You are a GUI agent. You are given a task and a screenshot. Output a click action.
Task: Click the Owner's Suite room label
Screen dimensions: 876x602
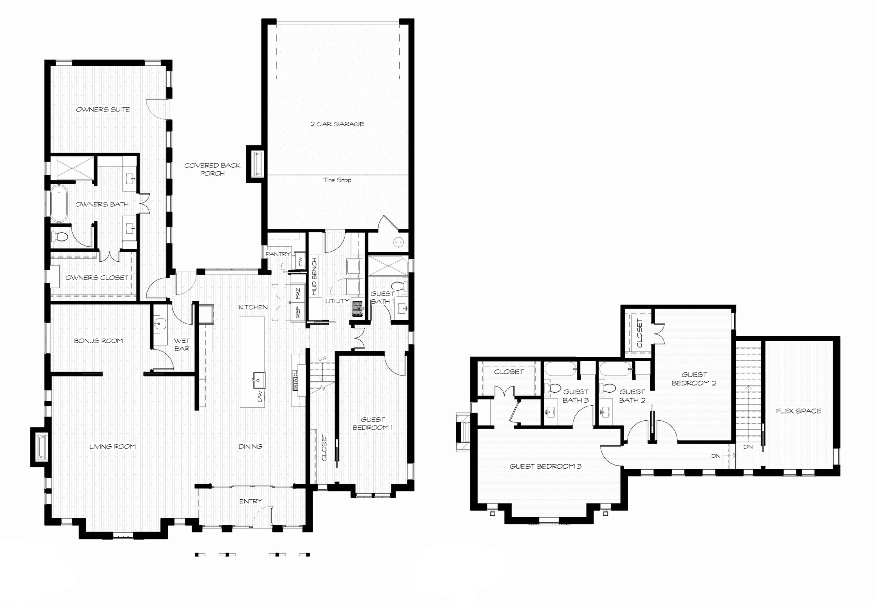tap(103, 109)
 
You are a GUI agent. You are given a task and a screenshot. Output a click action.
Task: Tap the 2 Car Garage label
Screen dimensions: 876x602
tap(337, 124)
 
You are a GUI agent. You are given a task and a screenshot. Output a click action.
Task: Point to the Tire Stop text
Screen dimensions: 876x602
tap(337, 180)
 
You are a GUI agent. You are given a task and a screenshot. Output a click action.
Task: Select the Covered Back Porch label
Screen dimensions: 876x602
tap(212, 169)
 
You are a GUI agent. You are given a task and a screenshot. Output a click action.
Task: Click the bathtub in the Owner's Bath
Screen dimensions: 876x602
tap(59, 203)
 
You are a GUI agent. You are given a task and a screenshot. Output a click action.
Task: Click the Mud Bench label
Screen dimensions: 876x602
tap(314, 276)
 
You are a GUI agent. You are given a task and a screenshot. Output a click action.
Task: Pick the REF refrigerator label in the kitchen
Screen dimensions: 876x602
tap(298, 312)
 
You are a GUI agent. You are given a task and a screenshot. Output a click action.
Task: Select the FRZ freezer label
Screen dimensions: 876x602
tap(298, 293)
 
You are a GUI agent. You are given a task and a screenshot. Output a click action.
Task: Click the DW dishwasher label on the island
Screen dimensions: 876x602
tap(260, 396)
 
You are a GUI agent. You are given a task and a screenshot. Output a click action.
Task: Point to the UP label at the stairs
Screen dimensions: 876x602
tap(322, 358)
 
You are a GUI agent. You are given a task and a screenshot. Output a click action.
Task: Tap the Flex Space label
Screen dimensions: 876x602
tap(798, 411)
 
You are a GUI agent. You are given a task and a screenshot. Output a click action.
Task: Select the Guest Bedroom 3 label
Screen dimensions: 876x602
tap(545, 466)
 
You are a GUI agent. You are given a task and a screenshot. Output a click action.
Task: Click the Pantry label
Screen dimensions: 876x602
tap(278, 254)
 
